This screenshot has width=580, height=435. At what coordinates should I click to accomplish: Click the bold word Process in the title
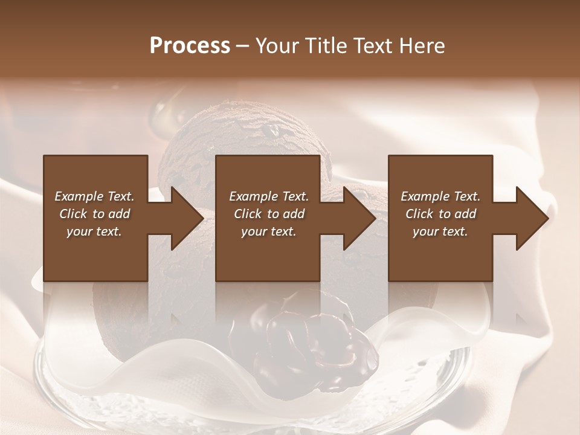(x=190, y=45)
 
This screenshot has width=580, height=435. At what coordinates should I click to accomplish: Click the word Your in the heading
(x=276, y=45)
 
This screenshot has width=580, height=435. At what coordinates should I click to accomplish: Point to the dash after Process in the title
(x=243, y=46)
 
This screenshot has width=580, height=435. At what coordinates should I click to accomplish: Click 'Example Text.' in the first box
(x=94, y=196)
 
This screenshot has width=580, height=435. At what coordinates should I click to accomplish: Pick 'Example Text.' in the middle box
(x=269, y=196)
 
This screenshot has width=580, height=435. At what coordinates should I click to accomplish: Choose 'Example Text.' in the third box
(x=440, y=196)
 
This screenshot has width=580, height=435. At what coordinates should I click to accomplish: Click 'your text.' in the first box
(x=94, y=231)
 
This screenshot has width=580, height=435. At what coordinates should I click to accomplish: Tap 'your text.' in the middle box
(x=269, y=231)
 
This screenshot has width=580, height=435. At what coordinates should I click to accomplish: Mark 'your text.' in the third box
(x=440, y=231)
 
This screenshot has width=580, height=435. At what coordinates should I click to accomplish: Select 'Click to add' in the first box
(x=94, y=214)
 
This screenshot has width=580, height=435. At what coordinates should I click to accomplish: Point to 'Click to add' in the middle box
(x=269, y=214)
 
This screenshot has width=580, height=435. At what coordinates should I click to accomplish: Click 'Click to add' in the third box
(x=440, y=214)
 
